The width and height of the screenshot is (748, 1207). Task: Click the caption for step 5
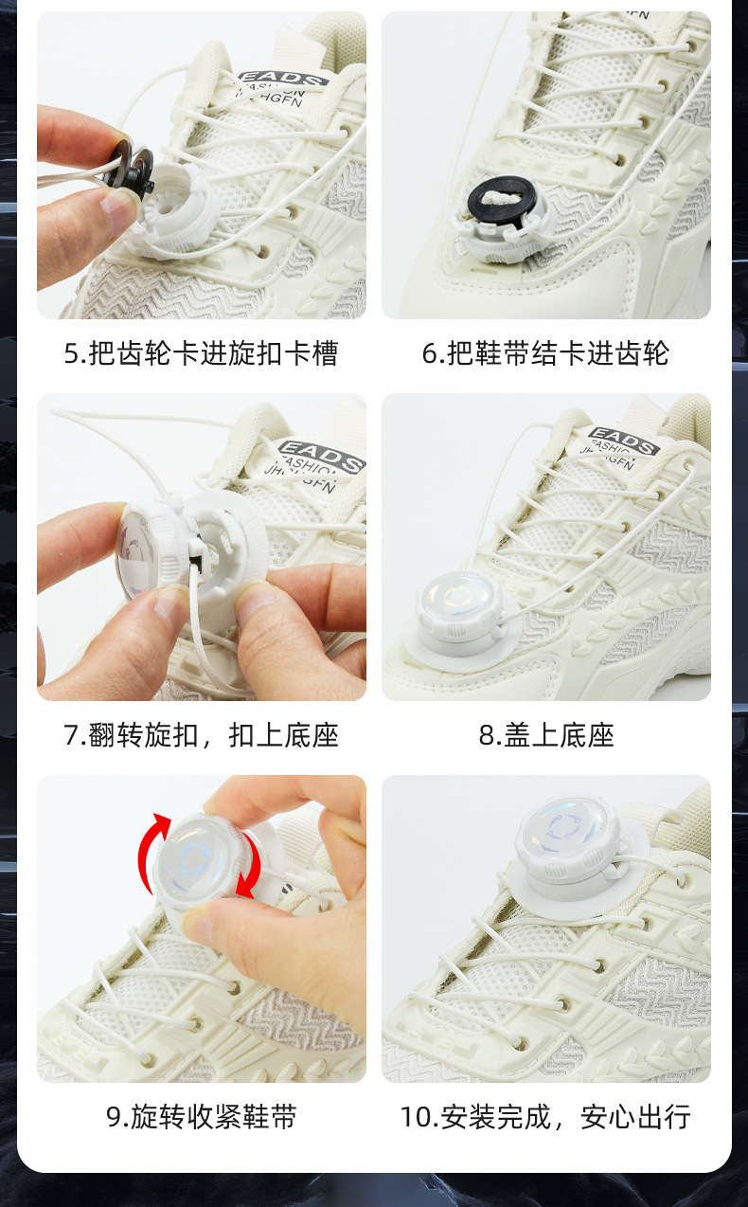tap(201, 354)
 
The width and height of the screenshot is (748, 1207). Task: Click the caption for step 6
tap(545, 354)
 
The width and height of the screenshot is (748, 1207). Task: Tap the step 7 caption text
tap(201, 735)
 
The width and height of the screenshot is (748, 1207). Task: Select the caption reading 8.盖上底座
tap(546, 735)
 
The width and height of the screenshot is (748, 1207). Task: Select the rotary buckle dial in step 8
tap(459, 608)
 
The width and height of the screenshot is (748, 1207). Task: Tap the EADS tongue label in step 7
tap(322, 456)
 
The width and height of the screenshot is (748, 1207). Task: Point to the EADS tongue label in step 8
tap(624, 441)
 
